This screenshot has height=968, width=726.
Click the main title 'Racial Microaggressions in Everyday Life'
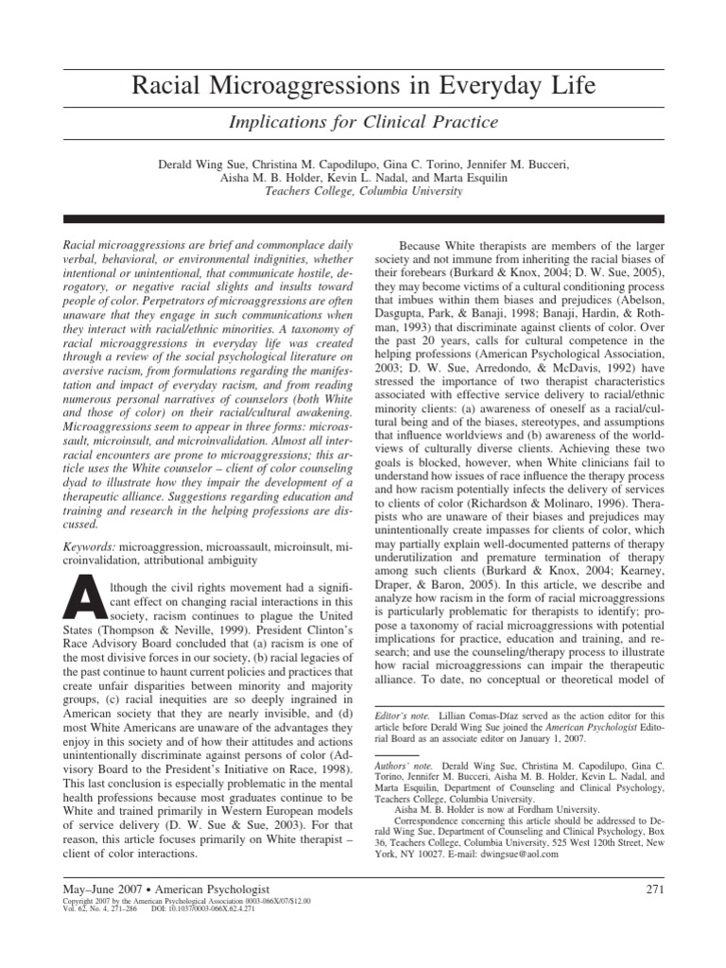(362, 87)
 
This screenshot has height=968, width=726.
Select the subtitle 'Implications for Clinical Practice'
(362, 122)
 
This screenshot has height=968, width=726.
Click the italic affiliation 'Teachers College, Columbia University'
(362, 190)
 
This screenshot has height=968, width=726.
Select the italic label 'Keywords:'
(89, 547)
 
